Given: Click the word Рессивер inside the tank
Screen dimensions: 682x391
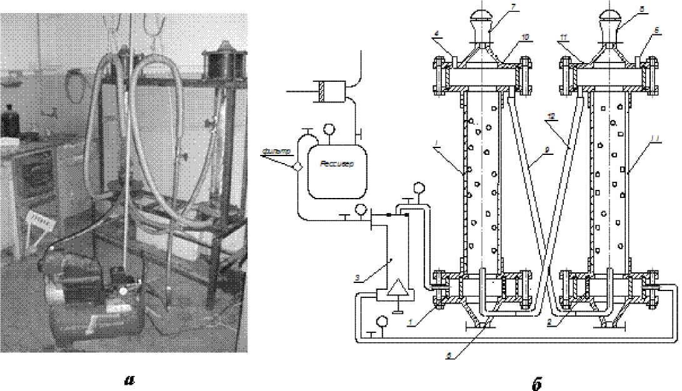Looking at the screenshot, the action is click(336, 164).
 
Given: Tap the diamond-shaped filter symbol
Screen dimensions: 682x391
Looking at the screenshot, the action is click(298, 166).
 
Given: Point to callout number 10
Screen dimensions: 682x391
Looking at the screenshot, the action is click(526, 37).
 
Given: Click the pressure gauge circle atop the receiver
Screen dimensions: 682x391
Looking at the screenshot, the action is click(328, 130).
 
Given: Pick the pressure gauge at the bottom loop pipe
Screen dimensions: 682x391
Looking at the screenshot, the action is click(382, 322).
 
